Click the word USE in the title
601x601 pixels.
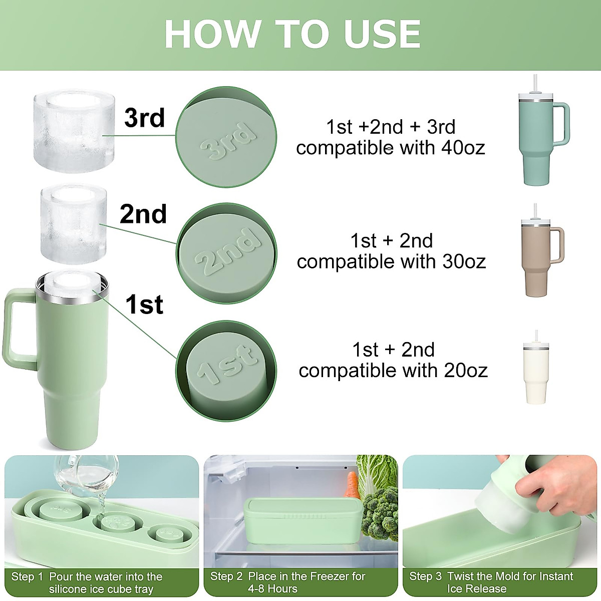(382, 35)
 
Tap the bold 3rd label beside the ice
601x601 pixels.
(144, 118)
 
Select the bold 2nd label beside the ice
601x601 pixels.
(143, 214)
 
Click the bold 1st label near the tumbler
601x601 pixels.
(144, 305)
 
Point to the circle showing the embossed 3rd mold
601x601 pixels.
(226, 137)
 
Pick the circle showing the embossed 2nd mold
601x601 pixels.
(226, 253)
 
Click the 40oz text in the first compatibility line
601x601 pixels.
(463, 148)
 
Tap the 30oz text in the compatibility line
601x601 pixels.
(464, 262)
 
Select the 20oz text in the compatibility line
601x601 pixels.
(465, 371)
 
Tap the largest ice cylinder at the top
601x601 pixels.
(71, 131)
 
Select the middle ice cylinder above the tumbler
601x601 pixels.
(73, 223)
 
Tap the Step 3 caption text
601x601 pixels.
(491, 582)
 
